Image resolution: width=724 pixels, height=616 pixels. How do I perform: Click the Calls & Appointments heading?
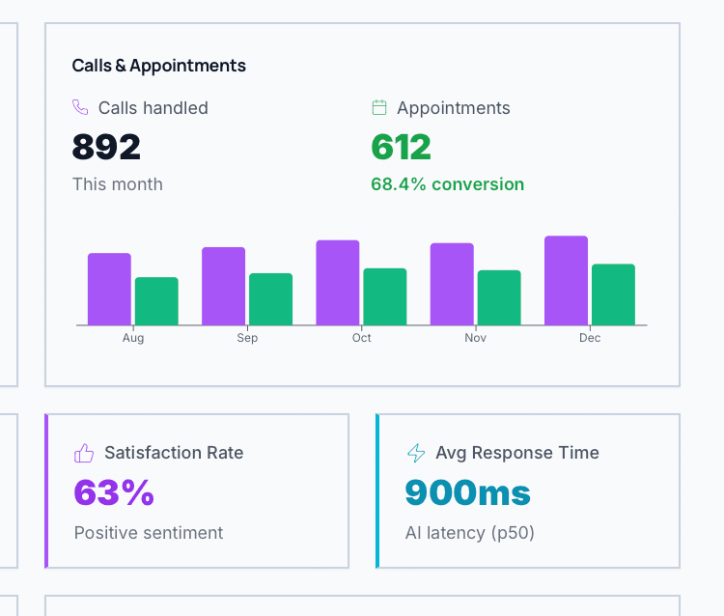click(x=159, y=66)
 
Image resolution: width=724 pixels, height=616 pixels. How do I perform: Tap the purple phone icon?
click(x=80, y=107)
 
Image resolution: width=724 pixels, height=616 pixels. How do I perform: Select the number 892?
click(x=106, y=147)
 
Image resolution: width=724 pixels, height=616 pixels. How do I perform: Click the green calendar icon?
click(x=379, y=107)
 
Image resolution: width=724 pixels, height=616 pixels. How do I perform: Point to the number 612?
click(x=401, y=147)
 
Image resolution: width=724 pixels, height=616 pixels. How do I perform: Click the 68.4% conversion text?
click(x=448, y=184)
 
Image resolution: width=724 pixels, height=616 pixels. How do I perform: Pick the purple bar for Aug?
click(x=109, y=289)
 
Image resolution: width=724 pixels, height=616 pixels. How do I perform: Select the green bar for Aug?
click(x=156, y=301)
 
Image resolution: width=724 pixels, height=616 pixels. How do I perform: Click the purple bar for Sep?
click(x=223, y=286)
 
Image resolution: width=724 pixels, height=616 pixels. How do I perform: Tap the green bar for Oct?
click(x=385, y=296)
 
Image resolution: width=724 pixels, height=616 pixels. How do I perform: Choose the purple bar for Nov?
click(x=452, y=284)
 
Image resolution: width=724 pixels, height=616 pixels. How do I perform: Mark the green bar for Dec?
click(x=613, y=294)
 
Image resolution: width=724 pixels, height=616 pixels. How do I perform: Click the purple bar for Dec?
click(x=566, y=280)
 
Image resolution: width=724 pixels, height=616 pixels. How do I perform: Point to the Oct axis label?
click(x=362, y=338)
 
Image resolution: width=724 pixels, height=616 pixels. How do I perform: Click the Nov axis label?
click(x=476, y=338)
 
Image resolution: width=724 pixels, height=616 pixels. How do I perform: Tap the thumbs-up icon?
click(x=84, y=453)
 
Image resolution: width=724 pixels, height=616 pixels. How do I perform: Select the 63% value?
click(x=114, y=492)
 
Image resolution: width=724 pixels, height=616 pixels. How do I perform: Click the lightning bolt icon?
click(x=415, y=453)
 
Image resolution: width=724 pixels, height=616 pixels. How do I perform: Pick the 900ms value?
click(x=467, y=492)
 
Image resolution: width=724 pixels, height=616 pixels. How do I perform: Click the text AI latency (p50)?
click(x=470, y=533)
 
